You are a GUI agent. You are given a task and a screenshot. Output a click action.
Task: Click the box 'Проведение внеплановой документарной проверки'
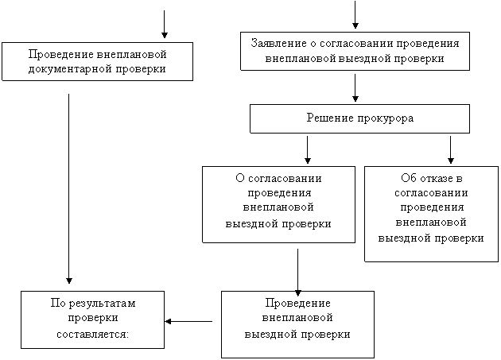tap(98, 61)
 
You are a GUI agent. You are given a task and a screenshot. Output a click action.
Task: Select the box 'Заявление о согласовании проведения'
tap(355, 51)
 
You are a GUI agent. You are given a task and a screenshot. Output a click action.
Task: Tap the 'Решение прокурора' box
tap(359, 118)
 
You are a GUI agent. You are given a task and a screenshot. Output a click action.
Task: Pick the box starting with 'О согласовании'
tap(278, 204)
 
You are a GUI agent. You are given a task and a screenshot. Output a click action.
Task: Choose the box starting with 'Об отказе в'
tap(431, 214)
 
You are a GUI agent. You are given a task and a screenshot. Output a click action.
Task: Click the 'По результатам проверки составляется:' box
tap(93, 319)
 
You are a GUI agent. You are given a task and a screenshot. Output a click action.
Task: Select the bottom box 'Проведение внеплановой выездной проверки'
tap(297, 324)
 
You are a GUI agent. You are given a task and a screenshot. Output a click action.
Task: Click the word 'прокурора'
tap(386, 119)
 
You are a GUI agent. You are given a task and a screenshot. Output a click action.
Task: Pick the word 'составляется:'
tap(93, 335)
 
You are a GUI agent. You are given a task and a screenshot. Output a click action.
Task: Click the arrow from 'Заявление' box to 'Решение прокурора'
tap(355, 88)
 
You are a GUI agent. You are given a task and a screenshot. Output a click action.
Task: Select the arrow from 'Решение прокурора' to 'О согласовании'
tap(308, 150)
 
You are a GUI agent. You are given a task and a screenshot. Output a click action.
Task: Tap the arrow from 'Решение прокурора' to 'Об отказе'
tap(451, 150)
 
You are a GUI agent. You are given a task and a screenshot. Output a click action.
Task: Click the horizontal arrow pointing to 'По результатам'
tap(188, 321)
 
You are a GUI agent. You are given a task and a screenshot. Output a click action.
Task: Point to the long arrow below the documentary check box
tap(68, 189)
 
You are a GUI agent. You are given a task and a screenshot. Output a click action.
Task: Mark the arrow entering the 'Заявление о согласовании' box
tap(355, 14)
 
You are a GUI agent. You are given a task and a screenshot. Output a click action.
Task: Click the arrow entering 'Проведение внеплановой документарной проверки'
tap(165, 25)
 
